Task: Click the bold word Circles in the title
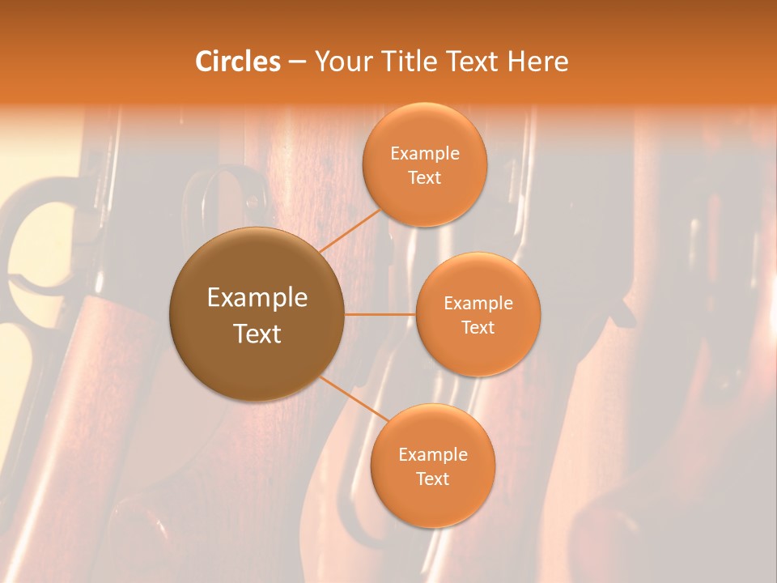(238, 62)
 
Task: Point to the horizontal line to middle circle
(380, 314)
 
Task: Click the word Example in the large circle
(257, 298)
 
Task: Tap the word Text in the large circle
(257, 334)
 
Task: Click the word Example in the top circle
(425, 154)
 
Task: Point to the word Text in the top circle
(425, 178)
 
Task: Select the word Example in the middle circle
(478, 304)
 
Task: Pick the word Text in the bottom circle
(432, 479)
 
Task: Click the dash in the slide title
(297, 62)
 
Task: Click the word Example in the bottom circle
(432, 455)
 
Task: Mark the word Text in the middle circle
(478, 328)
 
